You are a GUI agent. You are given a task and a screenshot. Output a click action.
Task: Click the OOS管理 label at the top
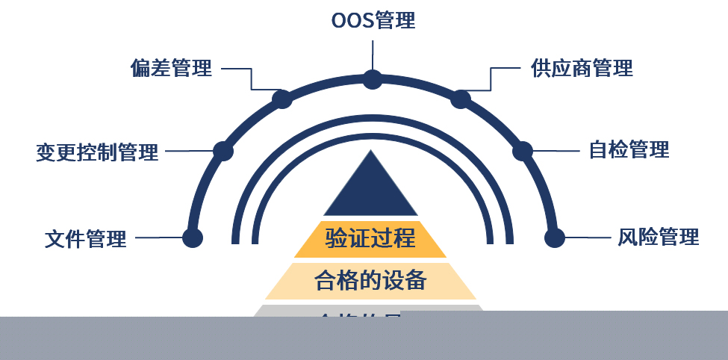pyautogui.click(x=373, y=20)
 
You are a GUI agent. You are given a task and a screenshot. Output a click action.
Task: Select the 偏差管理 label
pyautogui.click(x=171, y=69)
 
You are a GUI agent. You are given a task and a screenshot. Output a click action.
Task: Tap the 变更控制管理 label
pyautogui.click(x=97, y=152)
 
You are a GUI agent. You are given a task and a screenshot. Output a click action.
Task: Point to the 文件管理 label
pyautogui.click(x=86, y=239)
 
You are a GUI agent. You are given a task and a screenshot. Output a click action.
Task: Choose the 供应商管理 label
pyautogui.click(x=582, y=69)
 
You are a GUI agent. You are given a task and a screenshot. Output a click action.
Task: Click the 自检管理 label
pyautogui.click(x=629, y=149)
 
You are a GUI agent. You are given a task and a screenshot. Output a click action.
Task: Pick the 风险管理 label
pyautogui.click(x=658, y=238)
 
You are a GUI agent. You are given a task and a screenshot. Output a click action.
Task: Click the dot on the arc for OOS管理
pyautogui.click(x=373, y=78)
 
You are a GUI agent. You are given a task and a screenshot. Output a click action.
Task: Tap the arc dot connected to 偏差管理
pyautogui.click(x=281, y=99)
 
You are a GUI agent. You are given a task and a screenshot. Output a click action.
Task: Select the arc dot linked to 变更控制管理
pyautogui.click(x=223, y=151)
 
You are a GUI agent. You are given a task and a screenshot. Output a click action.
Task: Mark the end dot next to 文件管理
pyautogui.click(x=193, y=238)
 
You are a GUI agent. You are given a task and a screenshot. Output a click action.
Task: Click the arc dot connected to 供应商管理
pyautogui.click(x=461, y=99)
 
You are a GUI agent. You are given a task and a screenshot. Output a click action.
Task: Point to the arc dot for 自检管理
pyautogui.click(x=523, y=151)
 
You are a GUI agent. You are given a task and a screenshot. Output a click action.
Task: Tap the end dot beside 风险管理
pyautogui.click(x=554, y=238)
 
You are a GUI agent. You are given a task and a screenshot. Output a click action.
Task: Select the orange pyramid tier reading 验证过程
pyautogui.click(x=370, y=239)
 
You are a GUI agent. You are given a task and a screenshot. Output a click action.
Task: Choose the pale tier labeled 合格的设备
pyautogui.click(x=370, y=281)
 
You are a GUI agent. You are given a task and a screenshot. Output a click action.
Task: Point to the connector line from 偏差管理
pyautogui.click(x=237, y=69)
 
